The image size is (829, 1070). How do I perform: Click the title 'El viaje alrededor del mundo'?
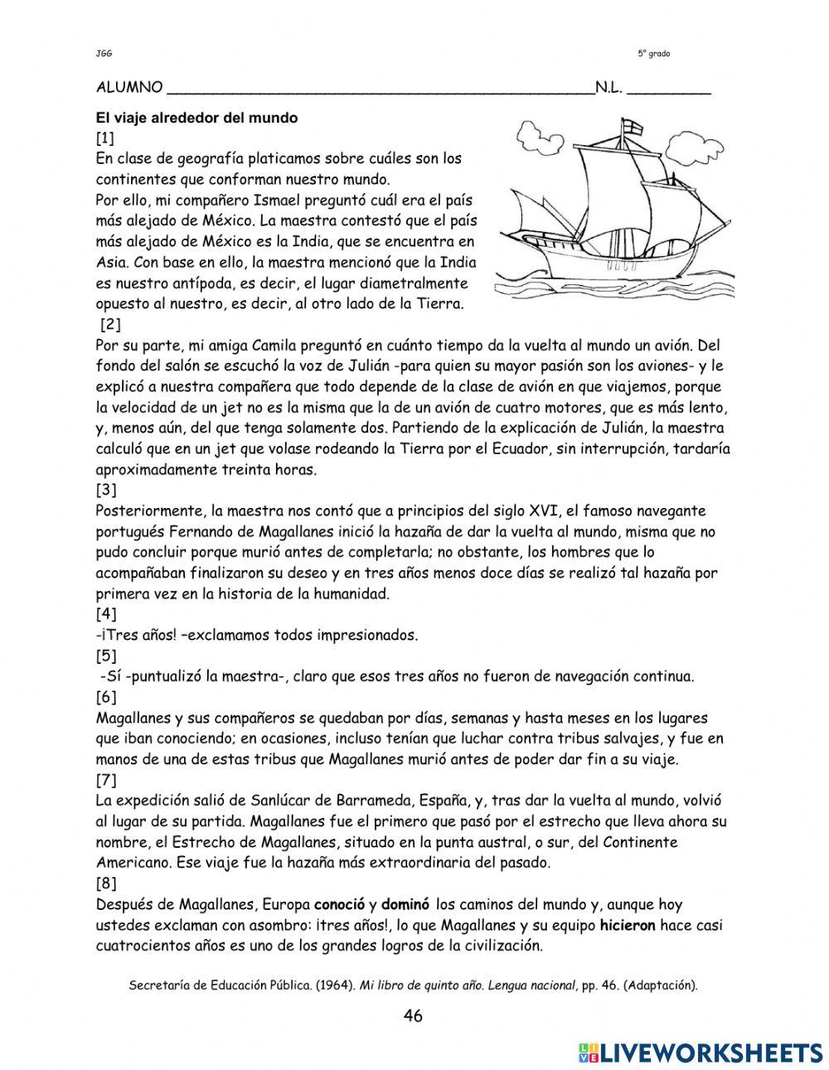click(x=196, y=118)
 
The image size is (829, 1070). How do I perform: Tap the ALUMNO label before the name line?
click(x=129, y=88)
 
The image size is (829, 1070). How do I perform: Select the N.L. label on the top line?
click(x=608, y=88)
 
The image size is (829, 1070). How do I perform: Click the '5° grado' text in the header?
click(x=654, y=54)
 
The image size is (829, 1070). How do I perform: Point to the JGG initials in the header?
click(x=104, y=54)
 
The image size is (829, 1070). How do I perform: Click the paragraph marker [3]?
click(x=106, y=490)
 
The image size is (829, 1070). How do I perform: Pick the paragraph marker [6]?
click(x=106, y=697)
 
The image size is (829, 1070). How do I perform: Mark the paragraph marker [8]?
click(x=106, y=884)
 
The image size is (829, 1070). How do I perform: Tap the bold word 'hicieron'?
click(x=628, y=925)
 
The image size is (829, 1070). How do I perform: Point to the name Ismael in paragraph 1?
click(x=266, y=200)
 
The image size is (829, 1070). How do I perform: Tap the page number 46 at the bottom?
click(x=413, y=1016)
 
